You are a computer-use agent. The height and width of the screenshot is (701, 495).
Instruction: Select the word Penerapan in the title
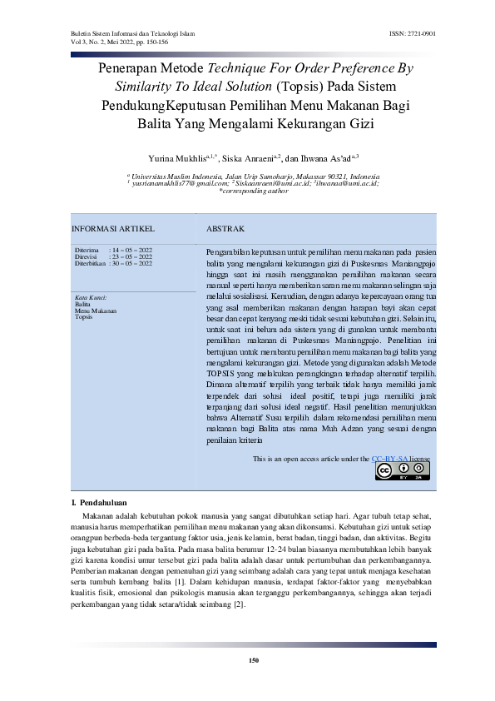[x=128, y=68]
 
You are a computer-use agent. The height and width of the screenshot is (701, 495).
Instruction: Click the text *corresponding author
[x=247, y=191]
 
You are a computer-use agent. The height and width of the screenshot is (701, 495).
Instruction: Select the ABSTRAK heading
[x=225, y=228]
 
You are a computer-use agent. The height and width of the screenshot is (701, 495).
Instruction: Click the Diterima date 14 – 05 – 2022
[x=131, y=250]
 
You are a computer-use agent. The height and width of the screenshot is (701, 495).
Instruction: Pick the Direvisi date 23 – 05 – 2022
[x=131, y=256]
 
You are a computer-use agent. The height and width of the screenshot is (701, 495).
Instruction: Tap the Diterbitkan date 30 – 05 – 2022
[x=131, y=263]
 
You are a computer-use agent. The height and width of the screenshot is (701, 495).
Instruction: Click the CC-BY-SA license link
[x=389, y=458]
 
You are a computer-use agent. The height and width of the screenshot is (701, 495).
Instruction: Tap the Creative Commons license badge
[x=403, y=470]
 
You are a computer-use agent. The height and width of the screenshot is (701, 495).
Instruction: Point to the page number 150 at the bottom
[x=254, y=660]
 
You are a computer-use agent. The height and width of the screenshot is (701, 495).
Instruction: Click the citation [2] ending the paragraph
[x=240, y=603]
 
